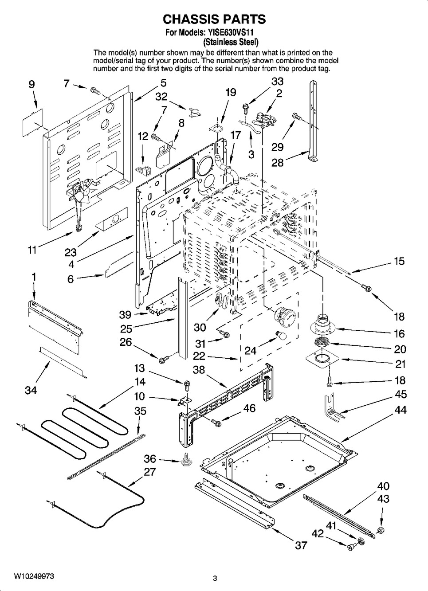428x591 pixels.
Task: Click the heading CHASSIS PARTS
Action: coord(214,19)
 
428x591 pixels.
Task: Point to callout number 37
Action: coord(301,545)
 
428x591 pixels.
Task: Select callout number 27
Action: coord(149,472)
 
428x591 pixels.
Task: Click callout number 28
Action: coord(278,162)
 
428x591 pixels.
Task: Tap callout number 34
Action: coord(31,390)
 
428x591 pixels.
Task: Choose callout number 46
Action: coord(249,408)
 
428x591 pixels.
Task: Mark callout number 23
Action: coord(71,253)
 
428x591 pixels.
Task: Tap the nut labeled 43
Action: coord(380,530)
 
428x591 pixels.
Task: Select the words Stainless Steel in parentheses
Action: coord(231,43)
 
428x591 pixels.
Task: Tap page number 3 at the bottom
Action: coord(215,578)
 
